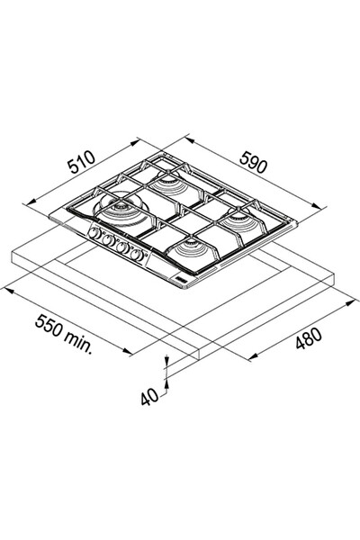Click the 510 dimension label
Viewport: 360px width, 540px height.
[x=81, y=161]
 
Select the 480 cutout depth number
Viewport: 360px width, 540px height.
[x=309, y=338]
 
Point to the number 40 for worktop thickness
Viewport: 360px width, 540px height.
[x=149, y=397]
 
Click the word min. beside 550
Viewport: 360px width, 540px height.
[x=78, y=342]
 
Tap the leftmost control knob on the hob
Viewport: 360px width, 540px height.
[x=94, y=233]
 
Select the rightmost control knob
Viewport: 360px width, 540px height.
[x=137, y=256]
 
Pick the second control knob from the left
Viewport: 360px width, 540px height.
[x=108, y=240]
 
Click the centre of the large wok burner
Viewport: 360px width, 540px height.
[x=121, y=208]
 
